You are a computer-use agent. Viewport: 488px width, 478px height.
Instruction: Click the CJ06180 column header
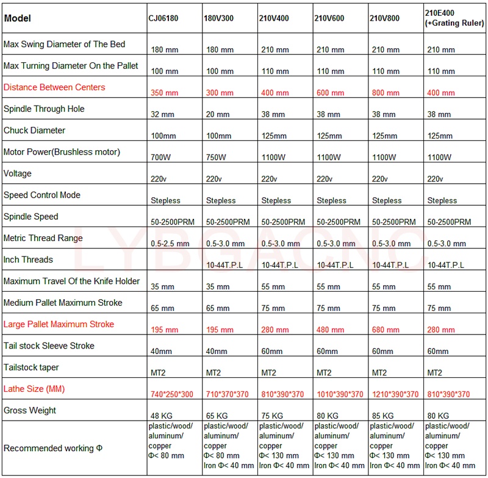tap(164, 19)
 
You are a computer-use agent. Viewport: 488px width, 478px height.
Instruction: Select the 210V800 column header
tap(385, 19)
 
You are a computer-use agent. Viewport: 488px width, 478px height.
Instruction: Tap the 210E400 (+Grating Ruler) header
tap(454, 18)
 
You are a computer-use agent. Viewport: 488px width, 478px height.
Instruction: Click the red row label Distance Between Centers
tap(54, 87)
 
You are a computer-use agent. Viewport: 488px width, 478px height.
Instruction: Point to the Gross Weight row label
tap(30, 410)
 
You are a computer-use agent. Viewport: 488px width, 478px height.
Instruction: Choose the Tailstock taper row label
tap(31, 368)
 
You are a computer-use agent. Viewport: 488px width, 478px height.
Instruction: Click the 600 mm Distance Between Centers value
tap(330, 93)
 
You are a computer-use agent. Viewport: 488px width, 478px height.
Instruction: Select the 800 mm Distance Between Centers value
tap(386, 93)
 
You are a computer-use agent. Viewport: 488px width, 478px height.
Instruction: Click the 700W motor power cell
tap(161, 158)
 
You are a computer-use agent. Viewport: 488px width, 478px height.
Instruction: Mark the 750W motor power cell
tap(217, 158)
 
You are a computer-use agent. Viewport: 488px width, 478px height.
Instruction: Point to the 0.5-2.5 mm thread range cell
tap(170, 244)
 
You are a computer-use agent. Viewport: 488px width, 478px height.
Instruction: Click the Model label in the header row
tap(18, 18)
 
